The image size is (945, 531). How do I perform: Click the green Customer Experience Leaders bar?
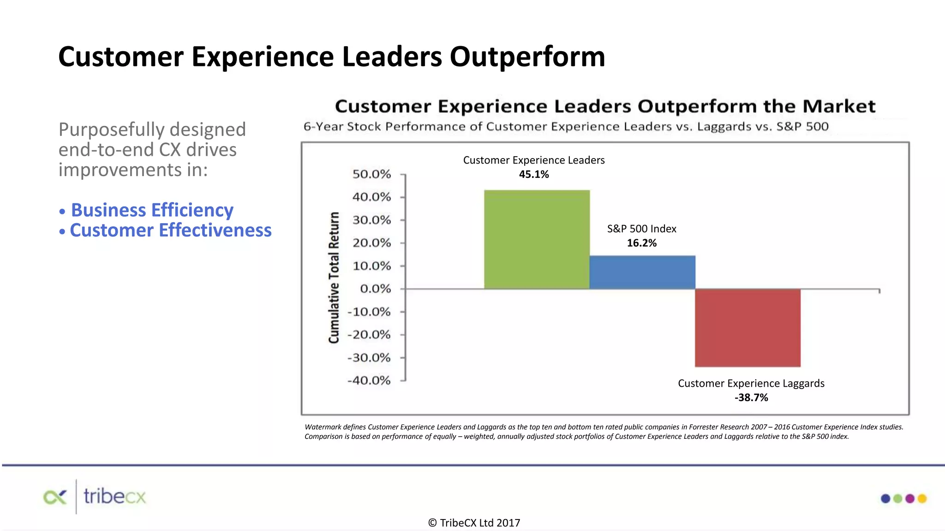537,240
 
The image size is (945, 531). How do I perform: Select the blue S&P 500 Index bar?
642,272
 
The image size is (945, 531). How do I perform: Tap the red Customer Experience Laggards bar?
748,328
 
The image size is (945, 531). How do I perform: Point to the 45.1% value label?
534,174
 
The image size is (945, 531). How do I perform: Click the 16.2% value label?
641,243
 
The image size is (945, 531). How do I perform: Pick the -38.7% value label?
751,397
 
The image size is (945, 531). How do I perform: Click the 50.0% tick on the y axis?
371,174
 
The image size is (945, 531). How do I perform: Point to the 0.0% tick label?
375,289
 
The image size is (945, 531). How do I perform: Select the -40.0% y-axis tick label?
369,381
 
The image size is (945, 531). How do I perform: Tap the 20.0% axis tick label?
371,243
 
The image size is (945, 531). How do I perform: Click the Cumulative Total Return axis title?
334,277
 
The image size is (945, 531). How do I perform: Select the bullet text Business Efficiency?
152,210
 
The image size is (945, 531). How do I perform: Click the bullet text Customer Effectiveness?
170,230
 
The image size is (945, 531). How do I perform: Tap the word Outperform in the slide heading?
527,57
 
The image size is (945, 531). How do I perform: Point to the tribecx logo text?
114,497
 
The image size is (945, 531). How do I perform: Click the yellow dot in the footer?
922,498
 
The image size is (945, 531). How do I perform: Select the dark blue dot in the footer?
885,498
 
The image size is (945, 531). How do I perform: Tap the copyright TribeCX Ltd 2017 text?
474,523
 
